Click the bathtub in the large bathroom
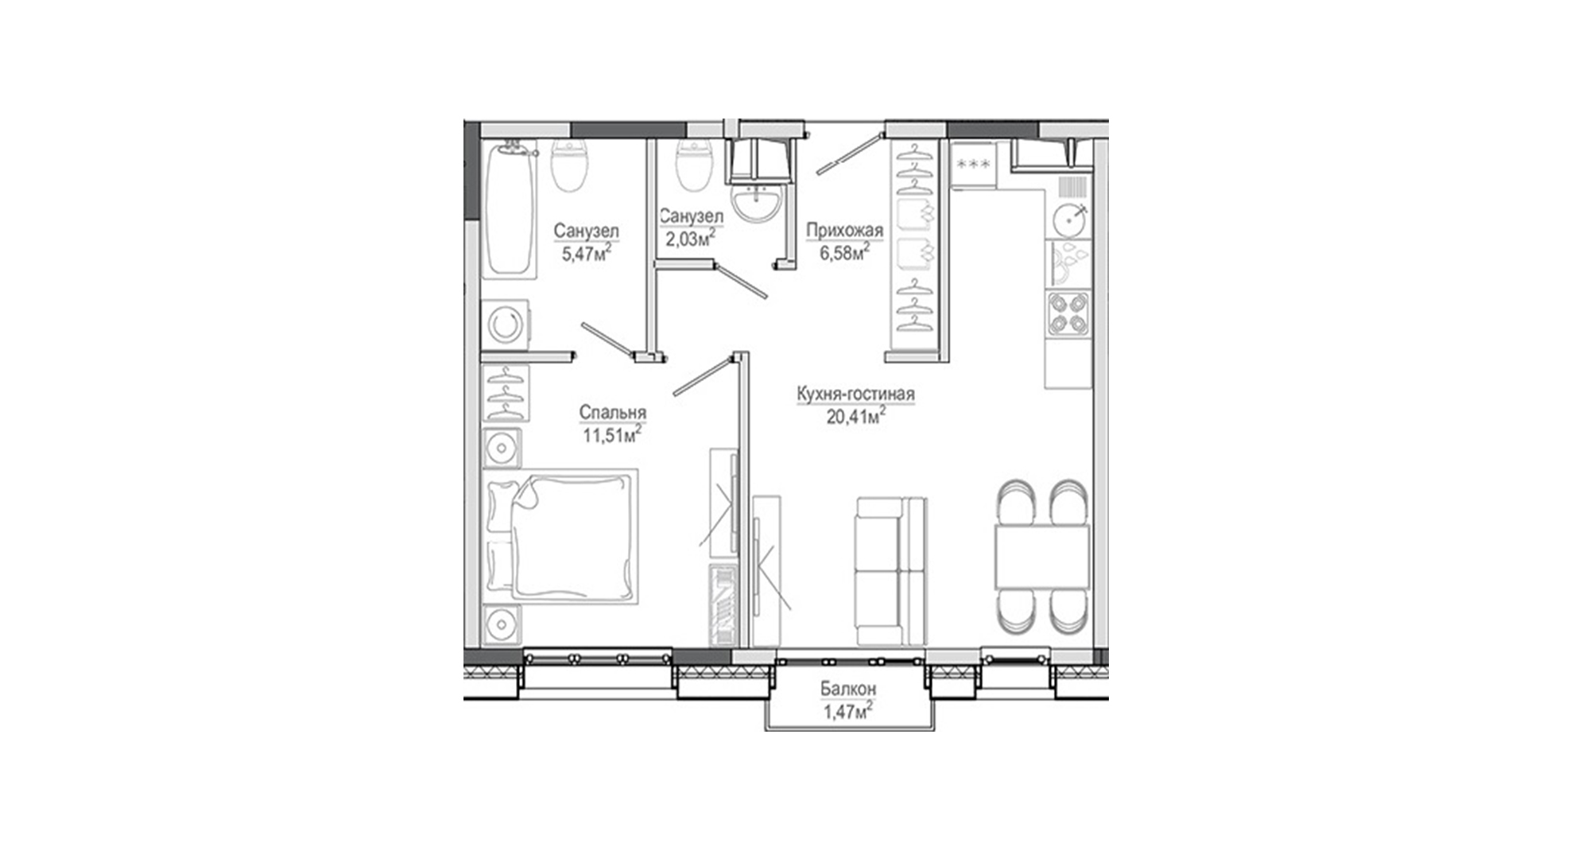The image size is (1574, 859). (x=509, y=208)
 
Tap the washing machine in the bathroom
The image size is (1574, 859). (x=505, y=325)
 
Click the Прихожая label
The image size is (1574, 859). (x=844, y=231)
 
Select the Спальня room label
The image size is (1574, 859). (x=612, y=413)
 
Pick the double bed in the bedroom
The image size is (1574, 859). (x=560, y=535)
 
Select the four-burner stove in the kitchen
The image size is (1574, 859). (x=1068, y=314)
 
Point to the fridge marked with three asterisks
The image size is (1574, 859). (x=973, y=165)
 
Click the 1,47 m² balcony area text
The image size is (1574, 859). (x=850, y=711)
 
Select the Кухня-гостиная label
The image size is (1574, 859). (x=855, y=394)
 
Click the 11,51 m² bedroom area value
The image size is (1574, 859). (x=612, y=434)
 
